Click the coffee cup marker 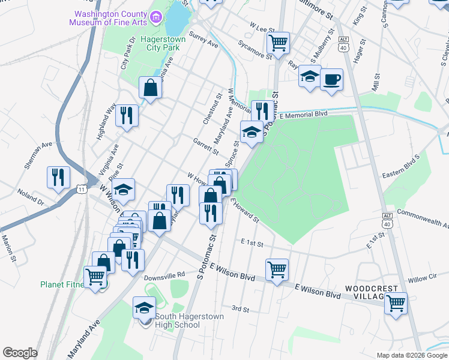[x=331, y=79]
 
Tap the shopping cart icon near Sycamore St [x=278, y=43]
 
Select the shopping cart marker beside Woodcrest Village [x=396, y=302]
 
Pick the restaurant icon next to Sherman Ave [x=58, y=176]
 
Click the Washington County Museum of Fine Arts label [x=108, y=18]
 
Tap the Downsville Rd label [x=164, y=275]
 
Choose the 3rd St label [x=240, y=309]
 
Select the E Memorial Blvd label [x=303, y=114]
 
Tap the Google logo [x=20, y=353]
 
